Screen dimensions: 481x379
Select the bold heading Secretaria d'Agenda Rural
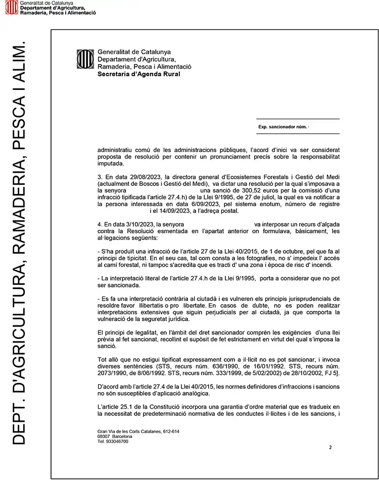pos(138,74)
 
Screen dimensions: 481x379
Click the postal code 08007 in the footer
pos(104,436)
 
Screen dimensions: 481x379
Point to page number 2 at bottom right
pos(330,447)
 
